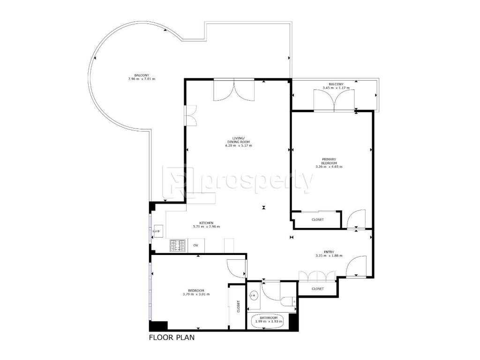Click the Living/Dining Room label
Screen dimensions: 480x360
(x=239, y=140)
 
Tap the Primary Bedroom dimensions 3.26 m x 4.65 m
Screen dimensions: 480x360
(x=329, y=167)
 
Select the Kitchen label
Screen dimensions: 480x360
(x=206, y=223)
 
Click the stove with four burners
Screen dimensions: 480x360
(x=178, y=246)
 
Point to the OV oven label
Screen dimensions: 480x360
(x=195, y=246)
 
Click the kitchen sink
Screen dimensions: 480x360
(x=158, y=231)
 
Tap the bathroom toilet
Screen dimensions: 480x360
(x=288, y=301)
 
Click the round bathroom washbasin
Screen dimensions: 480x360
(x=254, y=296)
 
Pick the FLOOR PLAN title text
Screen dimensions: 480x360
(x=172, y=337)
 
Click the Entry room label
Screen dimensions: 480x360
(x=329, y=252)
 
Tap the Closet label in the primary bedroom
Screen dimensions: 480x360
(x=317, y=219)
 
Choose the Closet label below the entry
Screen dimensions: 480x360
(x=317, y=289)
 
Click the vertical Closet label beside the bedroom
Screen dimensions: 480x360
(x=239, y=306)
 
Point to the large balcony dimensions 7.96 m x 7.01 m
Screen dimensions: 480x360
(x=142, y=79)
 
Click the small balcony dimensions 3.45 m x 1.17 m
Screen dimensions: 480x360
(x=336, y=88)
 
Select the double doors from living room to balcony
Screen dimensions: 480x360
(x=234, y=90)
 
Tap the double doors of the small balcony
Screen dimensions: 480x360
(x=334, y=100)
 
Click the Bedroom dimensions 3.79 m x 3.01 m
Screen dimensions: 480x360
(x=196, y=294)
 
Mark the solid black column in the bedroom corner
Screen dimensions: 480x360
(x=158, y=326)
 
